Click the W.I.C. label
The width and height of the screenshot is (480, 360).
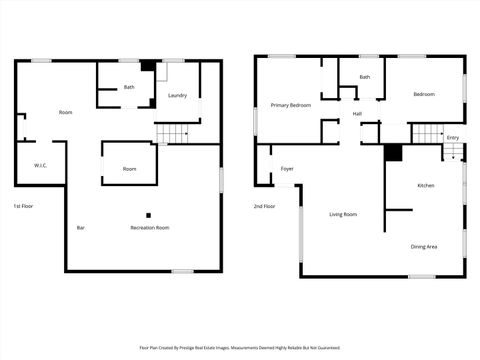(41, 165)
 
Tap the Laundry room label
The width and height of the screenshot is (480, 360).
(178, 96)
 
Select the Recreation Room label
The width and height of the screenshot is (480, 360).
(150, 228)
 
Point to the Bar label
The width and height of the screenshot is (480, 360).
(81, 228)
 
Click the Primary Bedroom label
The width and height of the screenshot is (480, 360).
(291, 105)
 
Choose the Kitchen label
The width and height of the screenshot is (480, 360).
(425, 186)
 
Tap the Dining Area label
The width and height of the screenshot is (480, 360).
(424, 246)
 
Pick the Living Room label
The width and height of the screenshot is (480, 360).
(343, 214)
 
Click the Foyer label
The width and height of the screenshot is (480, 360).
(287, 169)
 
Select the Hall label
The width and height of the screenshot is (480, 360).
(357, 114)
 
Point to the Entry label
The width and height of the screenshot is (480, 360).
(453, 137)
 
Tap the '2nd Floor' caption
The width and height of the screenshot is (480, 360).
(264, 206)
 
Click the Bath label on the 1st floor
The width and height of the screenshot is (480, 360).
(129, 87)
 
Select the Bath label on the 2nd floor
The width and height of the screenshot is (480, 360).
(365, 77)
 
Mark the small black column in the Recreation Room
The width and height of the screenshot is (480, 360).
(149, 214)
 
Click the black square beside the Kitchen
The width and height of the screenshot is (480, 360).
(393, 153)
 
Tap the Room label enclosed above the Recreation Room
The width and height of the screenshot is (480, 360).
(130, 169)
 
